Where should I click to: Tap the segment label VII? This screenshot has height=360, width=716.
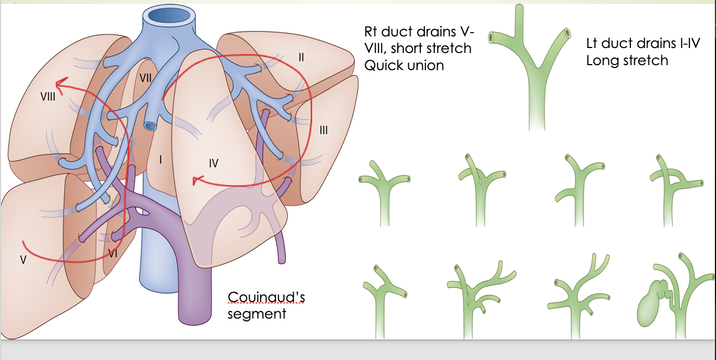click(x=145, y=78)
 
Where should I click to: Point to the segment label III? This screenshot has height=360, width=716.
click(x=324, y=130)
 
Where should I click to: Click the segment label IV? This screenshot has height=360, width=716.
click(x=214, y=163)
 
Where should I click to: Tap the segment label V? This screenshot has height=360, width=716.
click(x=23, y=260)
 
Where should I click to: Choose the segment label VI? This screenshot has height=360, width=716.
click(x=112, y=253)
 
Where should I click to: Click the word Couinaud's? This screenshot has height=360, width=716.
click(x=266, y=298)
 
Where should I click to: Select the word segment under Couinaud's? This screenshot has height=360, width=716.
click(x=257, y=314)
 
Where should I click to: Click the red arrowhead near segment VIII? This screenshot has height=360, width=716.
click(x=62, y=84)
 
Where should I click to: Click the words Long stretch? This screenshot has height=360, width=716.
click(x=627, y=60)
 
